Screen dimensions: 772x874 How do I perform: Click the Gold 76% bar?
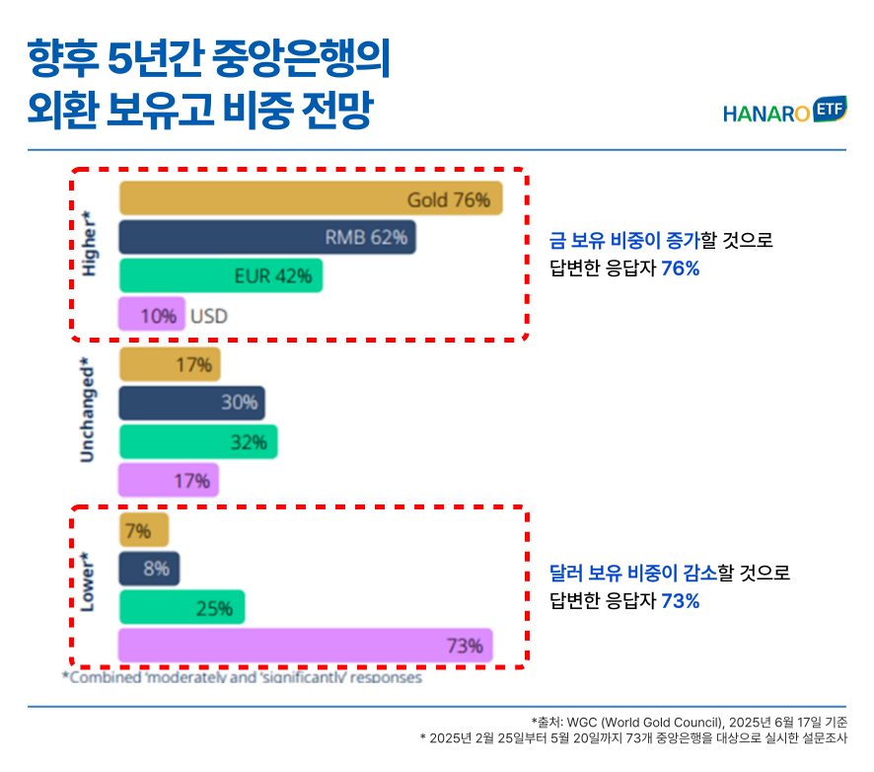click(x=311, y=199)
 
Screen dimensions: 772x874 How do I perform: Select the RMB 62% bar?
click(x=267, y=238)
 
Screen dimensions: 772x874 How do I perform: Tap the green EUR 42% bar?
click(x=221, y=276)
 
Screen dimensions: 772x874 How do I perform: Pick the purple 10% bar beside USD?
click(x=151, y=316)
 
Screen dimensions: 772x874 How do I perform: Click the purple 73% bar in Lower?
click(x=305, y=647)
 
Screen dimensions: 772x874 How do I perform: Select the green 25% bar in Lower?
click(x=182, y=608)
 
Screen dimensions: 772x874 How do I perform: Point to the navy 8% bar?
click(x=149, y=569)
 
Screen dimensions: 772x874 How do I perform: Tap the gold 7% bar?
click(x=144, y=531)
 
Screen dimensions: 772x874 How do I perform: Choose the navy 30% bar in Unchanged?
click(x=192, y=403)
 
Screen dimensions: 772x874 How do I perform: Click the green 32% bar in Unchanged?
click(x=198, y=442)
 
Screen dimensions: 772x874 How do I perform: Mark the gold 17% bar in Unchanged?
click(x=170, y=365)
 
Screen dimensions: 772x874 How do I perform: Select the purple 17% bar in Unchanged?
click(x=169, y=481)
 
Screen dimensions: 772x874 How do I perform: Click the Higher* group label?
click(x=91, y=243)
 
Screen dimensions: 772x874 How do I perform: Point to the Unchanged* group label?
click(x=89, y=410)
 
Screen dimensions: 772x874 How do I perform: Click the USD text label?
click(x=209, y=316)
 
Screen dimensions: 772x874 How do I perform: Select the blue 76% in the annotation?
click(x=681, y=267)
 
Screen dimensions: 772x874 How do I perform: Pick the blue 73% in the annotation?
click(x=681, y=600)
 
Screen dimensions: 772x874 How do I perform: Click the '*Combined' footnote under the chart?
click(x=243, y=678)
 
